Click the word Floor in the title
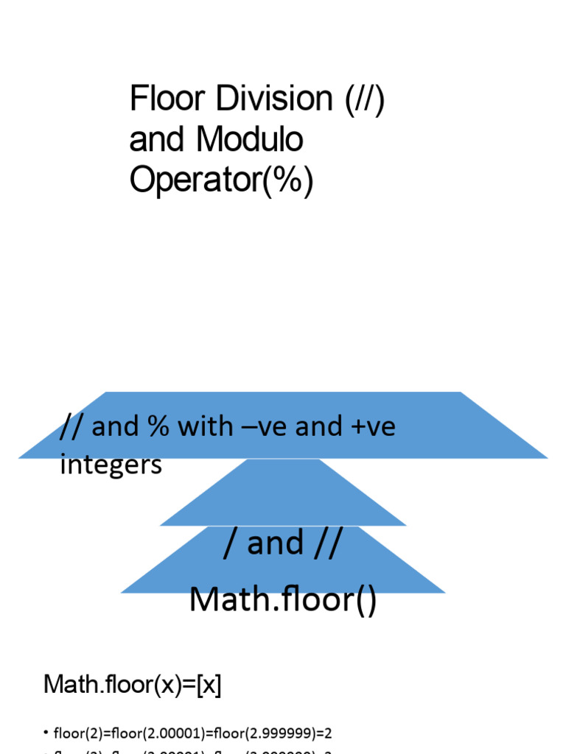coord(158,99)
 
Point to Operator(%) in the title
coord(221,180)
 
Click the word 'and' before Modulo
coord(156,140)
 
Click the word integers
coord(111,465)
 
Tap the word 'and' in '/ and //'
coord(276,543)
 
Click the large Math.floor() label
coord(283,599)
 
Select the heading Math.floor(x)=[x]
coord(133,685)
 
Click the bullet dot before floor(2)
coord(46,733)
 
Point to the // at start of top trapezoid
coord(72,426)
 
